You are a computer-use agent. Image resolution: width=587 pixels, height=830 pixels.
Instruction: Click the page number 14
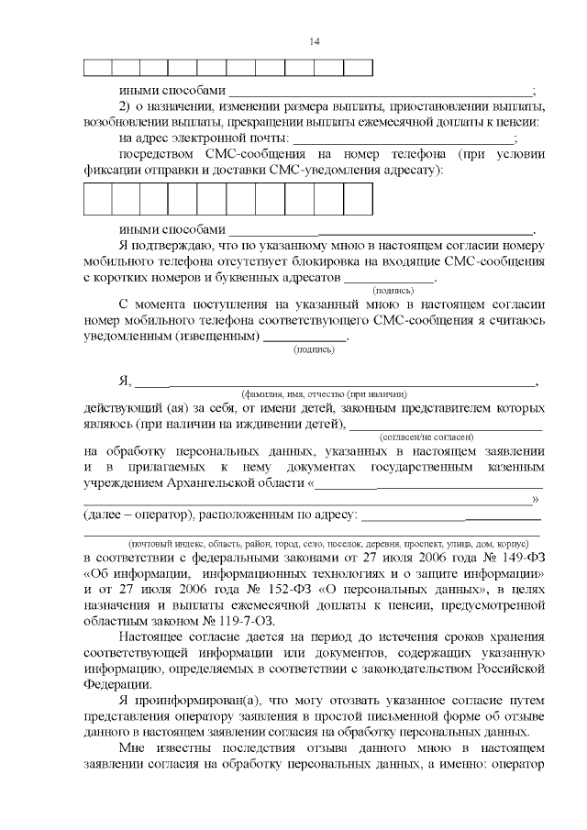coord(315,41)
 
